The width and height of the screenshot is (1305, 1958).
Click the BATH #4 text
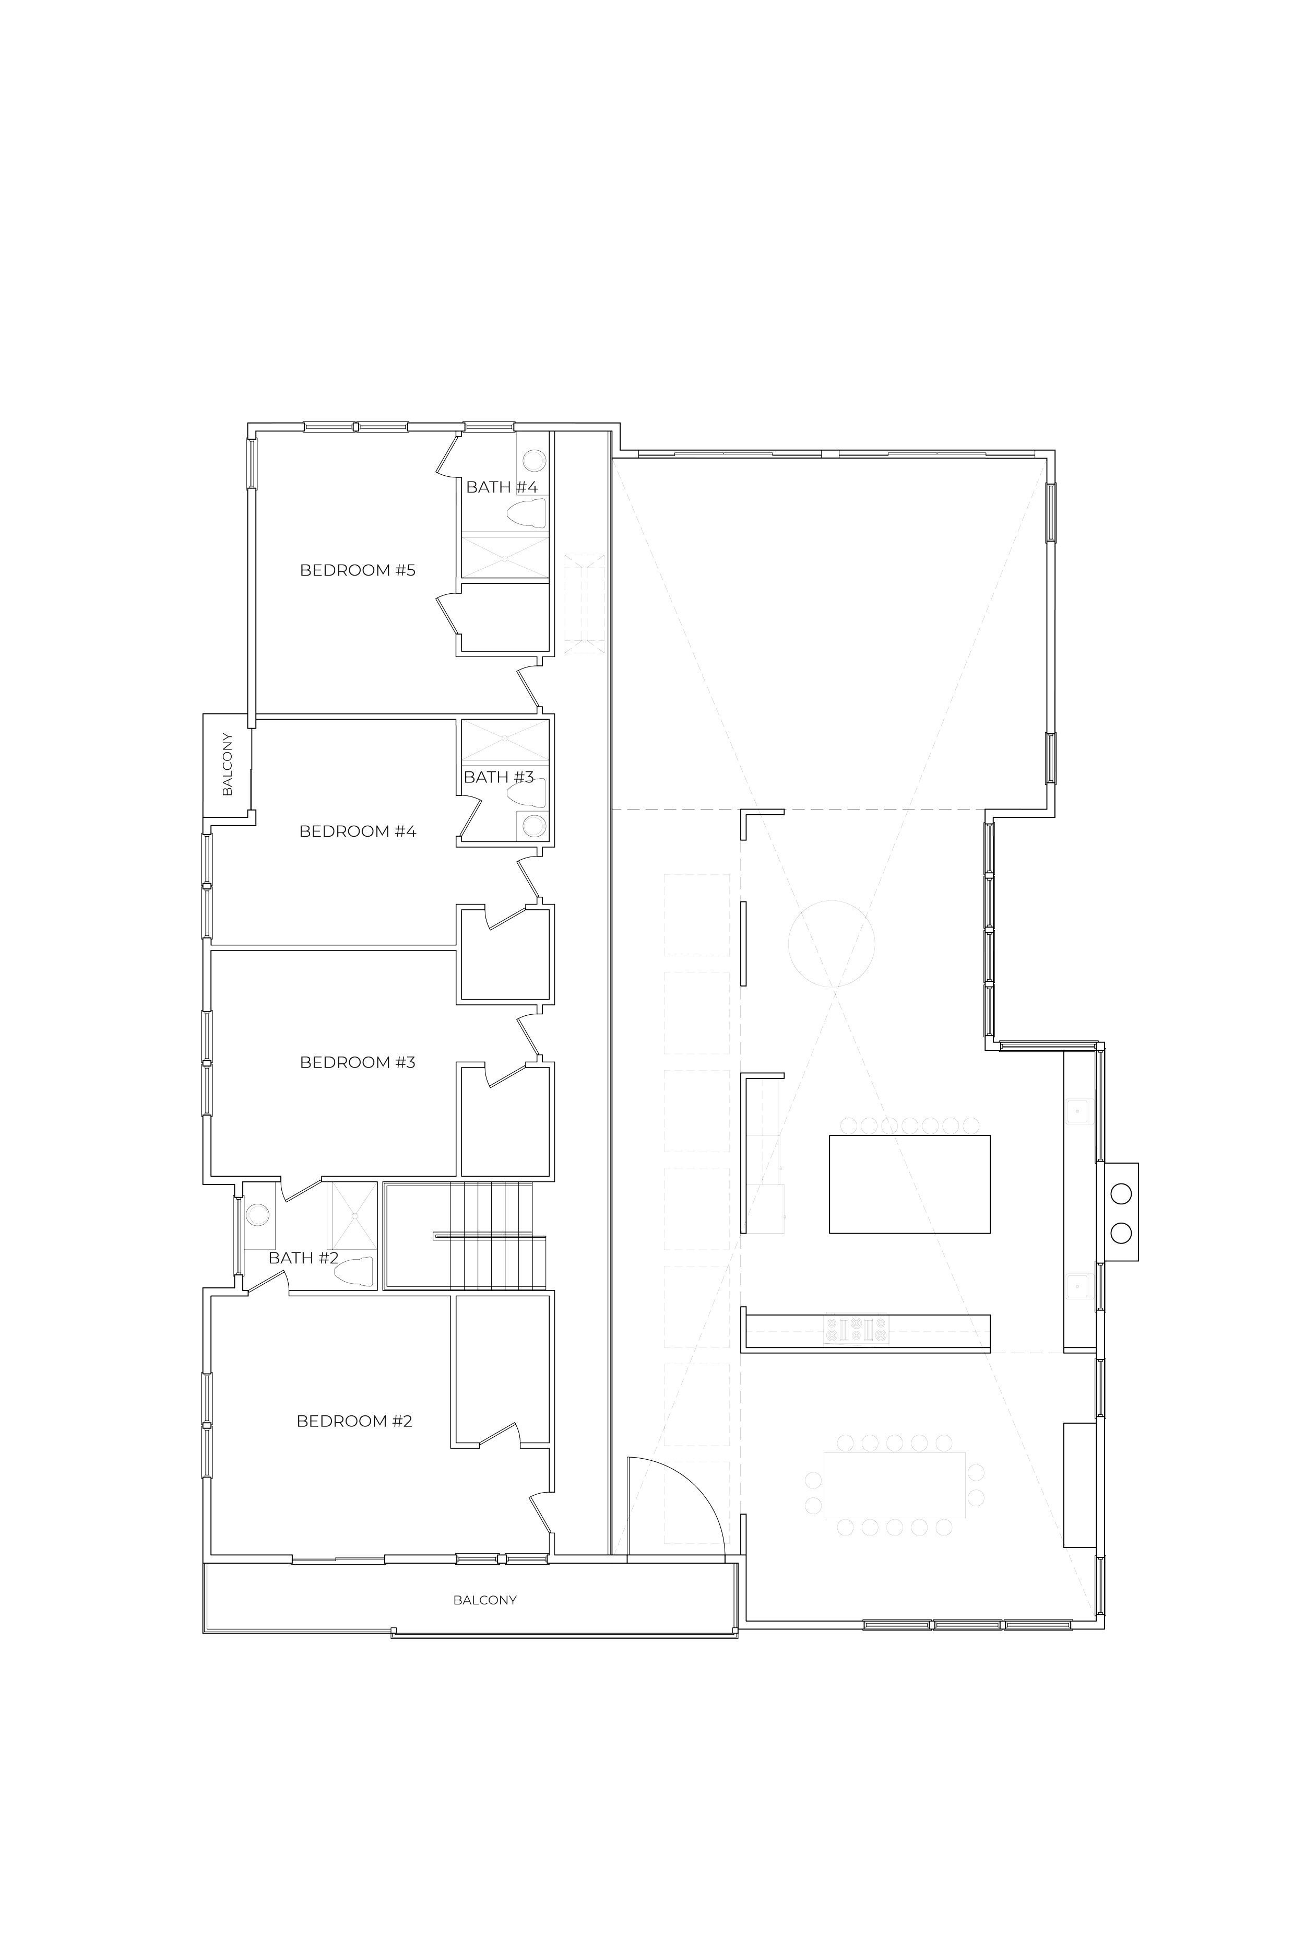click(x=501, y=487)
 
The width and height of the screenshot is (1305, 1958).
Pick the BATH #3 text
click(x=497, y=777)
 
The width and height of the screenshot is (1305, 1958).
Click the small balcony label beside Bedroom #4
click(x=227, y=764)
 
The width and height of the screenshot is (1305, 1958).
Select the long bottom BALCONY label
click(x=485, y=1600)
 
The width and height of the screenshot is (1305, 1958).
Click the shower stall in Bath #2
click(x=352, y=1215)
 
